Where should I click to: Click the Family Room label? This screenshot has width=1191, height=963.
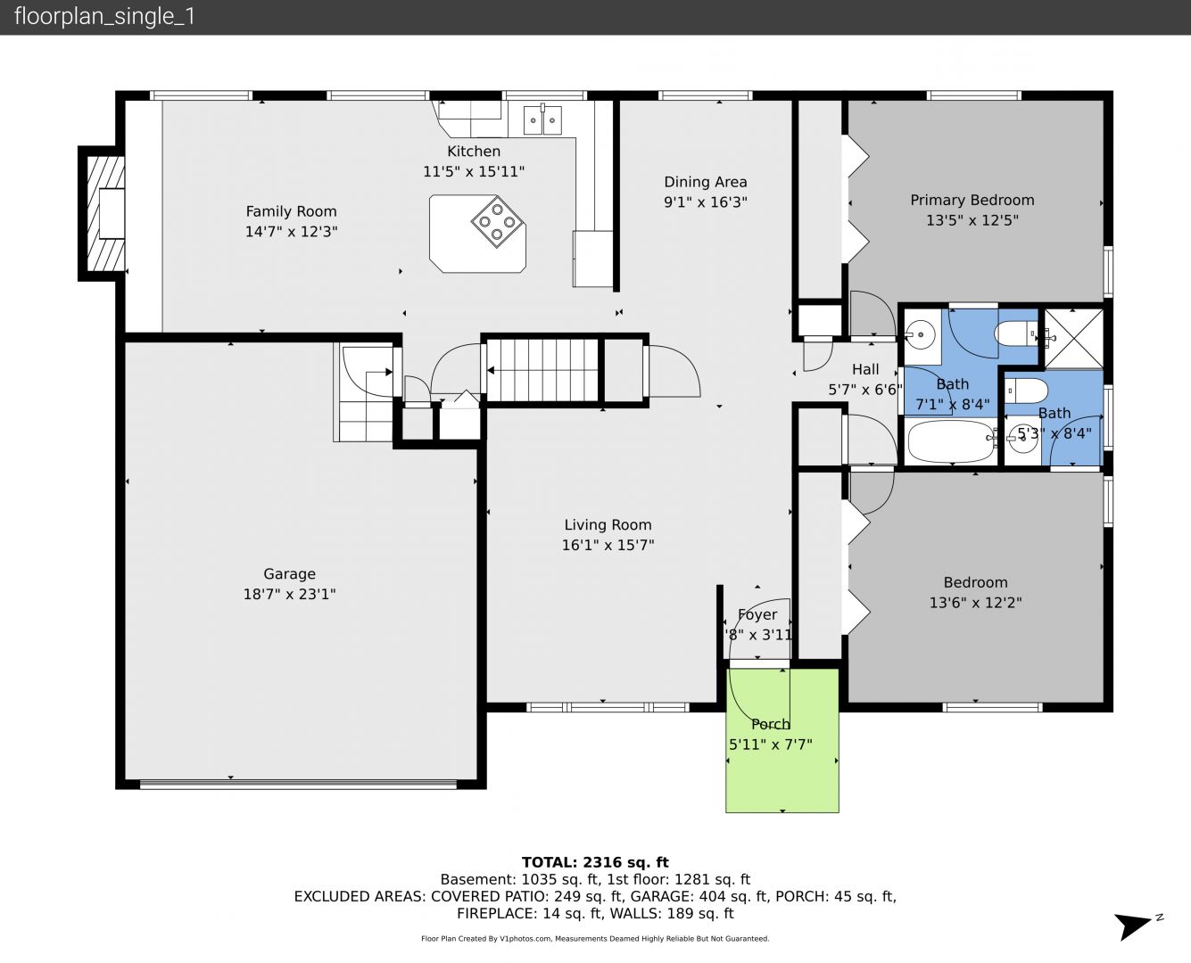coord(292,211)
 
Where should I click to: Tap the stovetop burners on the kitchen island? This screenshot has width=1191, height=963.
coord(497,221)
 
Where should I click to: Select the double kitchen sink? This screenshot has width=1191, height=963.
coord(542,120)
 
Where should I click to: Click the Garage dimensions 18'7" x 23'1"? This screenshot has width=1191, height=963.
coord(290,594)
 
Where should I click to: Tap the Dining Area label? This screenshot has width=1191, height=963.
coord(706,182)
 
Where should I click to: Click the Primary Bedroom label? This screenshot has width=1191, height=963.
coord(972,200)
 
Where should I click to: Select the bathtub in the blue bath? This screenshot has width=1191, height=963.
coord(950,441)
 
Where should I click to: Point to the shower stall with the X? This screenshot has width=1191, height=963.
coord(1073,339)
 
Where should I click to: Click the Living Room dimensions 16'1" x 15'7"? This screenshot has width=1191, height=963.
coord(608,545)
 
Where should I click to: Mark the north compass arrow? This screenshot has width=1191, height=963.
coord(1133,926)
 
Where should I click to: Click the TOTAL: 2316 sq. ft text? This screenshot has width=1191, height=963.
coord(596,862)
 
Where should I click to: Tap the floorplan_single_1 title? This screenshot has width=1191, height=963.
coord(104,17)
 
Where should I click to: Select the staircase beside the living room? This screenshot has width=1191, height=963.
coord(542,369)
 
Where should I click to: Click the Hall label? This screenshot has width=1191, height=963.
coord(865,369)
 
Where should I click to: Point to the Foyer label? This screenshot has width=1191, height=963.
coord(757,614)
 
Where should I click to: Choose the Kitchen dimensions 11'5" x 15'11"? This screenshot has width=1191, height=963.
coord(474,171)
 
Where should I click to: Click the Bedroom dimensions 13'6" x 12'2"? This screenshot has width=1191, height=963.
coord(976,603)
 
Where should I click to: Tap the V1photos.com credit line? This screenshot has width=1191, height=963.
coord(596,938)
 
